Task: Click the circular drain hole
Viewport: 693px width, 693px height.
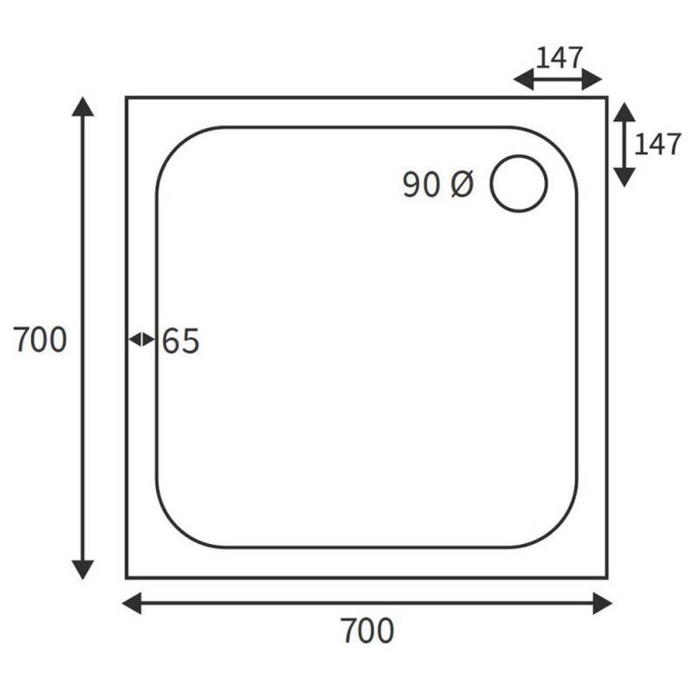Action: pyautogui.click(x=519, y=184)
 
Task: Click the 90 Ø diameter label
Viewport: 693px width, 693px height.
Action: pyautogui.click(x=438, y=185)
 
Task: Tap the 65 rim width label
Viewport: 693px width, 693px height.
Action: pyautogui.click(x=181, y=342)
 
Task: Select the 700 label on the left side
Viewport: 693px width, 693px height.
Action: pyautogui.click(x=40, y=340)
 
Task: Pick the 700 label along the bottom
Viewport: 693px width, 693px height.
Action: pyautogui.click(x=366, y=631)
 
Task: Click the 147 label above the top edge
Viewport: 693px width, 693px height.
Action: pyautogui.click(x=560, y=58)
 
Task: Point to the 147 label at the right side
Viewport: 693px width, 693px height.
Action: pyautogui.click(x=657, y=144)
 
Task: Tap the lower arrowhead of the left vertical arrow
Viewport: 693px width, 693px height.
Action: pyautogui.click(x=82, y=569)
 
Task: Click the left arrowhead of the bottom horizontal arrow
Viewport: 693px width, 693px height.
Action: pyautogui.click(x=132, y=603)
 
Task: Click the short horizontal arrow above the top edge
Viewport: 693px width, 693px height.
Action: pyautogui.click(x=557, y=80)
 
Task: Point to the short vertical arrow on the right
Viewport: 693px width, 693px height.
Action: pyautogui.click(x=624, y=144)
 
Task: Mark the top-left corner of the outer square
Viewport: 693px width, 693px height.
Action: pyautogui.click(x=127, y=98)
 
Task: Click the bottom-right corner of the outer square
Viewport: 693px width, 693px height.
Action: pyautogui.click(x=606, y=577)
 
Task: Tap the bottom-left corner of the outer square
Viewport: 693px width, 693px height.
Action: pyautogui.click(x=127, y=577)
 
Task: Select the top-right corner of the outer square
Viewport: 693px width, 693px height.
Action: pyautogui.click(x=606, y=98)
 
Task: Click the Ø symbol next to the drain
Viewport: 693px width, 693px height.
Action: pyautogui.click(x=462, y=185)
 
